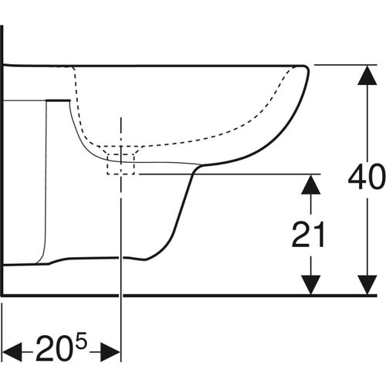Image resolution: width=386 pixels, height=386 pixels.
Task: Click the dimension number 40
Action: (x=367, y=177)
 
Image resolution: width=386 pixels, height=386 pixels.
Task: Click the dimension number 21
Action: (x=308, y=235)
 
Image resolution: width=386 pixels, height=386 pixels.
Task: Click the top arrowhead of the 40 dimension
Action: (x=367, y=75)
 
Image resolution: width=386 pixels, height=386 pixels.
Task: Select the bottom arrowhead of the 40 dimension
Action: (x=367, y=285)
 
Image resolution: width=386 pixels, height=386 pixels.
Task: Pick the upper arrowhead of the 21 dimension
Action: (x=311, y=185)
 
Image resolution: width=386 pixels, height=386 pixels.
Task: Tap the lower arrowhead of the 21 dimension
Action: (x=311, y=285)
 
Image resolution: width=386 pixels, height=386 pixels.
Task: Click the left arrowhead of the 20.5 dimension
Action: (x=12, y=351)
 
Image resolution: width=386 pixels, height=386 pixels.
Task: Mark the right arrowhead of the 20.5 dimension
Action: (x=110, y=351)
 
